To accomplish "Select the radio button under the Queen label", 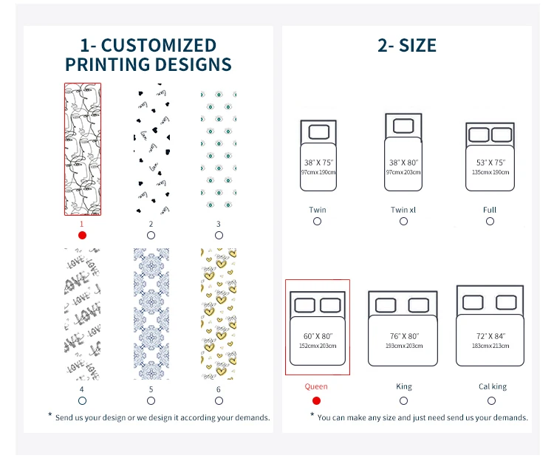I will click(x=316, y=400).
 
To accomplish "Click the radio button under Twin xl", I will click(x=403, y=221).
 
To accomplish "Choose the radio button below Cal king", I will click(x=491, y=400).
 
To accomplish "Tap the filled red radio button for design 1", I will click(x=82, y=235).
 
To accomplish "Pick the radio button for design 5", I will click(x=151, y=400).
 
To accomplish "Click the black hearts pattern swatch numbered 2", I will click(x=151, y=149).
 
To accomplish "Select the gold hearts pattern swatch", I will click(x=219, y=314).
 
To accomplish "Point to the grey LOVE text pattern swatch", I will click(x=82, y=314).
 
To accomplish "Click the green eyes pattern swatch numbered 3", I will click(x=219, y=149).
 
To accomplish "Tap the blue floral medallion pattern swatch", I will click(x=151, y=314).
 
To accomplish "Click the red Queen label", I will click(x=316, y=386).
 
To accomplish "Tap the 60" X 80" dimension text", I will click(x=318, y=336).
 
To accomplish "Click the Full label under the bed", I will click(x=489, y=210).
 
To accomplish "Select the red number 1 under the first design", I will click(x=82, y=223).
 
